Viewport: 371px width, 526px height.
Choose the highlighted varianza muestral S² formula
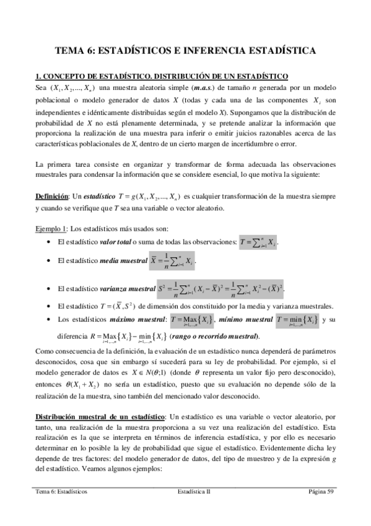(229, 289)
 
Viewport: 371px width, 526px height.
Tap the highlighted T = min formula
(294, 320)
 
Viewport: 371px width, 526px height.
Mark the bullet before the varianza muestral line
(48, 289)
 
